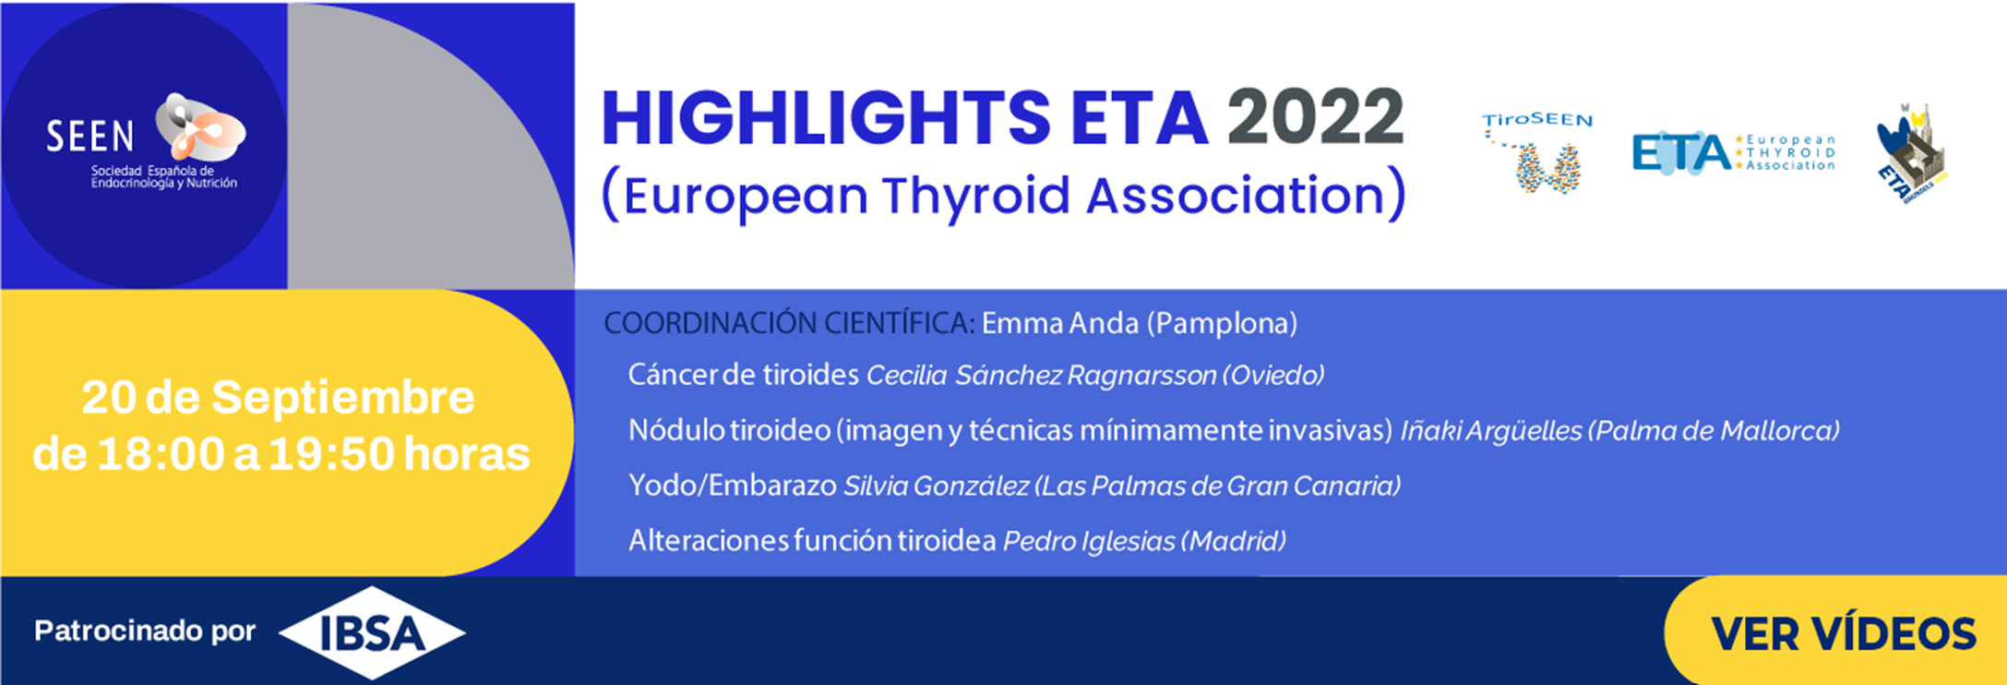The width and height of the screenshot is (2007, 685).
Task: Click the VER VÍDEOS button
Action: click(x=1842, y=634)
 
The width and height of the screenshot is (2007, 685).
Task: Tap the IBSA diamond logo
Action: click(x=372, y=633)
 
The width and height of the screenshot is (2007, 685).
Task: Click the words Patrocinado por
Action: click(x=145, y=631)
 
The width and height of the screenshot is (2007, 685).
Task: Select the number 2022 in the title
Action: click(x=1315, y=117)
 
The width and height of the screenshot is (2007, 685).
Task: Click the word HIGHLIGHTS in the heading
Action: click(x=825, y=118)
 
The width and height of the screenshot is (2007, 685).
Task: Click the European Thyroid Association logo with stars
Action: click(x=1733, y=152)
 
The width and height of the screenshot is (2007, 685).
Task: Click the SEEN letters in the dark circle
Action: click(x=90, y=137)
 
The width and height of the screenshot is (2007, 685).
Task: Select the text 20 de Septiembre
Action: click(x=278, y=398)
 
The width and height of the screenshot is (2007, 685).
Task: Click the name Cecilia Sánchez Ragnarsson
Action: click(x=1041, y=376)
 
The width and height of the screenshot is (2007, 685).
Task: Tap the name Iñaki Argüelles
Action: click(x=1490, y=431)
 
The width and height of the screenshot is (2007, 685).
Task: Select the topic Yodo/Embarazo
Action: click(x=732, y=486)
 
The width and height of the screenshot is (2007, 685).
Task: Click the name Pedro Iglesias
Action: click(x=1089, y=541)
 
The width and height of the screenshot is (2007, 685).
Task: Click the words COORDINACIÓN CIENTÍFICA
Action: click(x=788, y=323)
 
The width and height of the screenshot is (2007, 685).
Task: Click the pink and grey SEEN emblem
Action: click(x=200, y=128)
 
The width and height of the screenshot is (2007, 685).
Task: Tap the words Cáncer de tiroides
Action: click(x=743, y=376)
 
